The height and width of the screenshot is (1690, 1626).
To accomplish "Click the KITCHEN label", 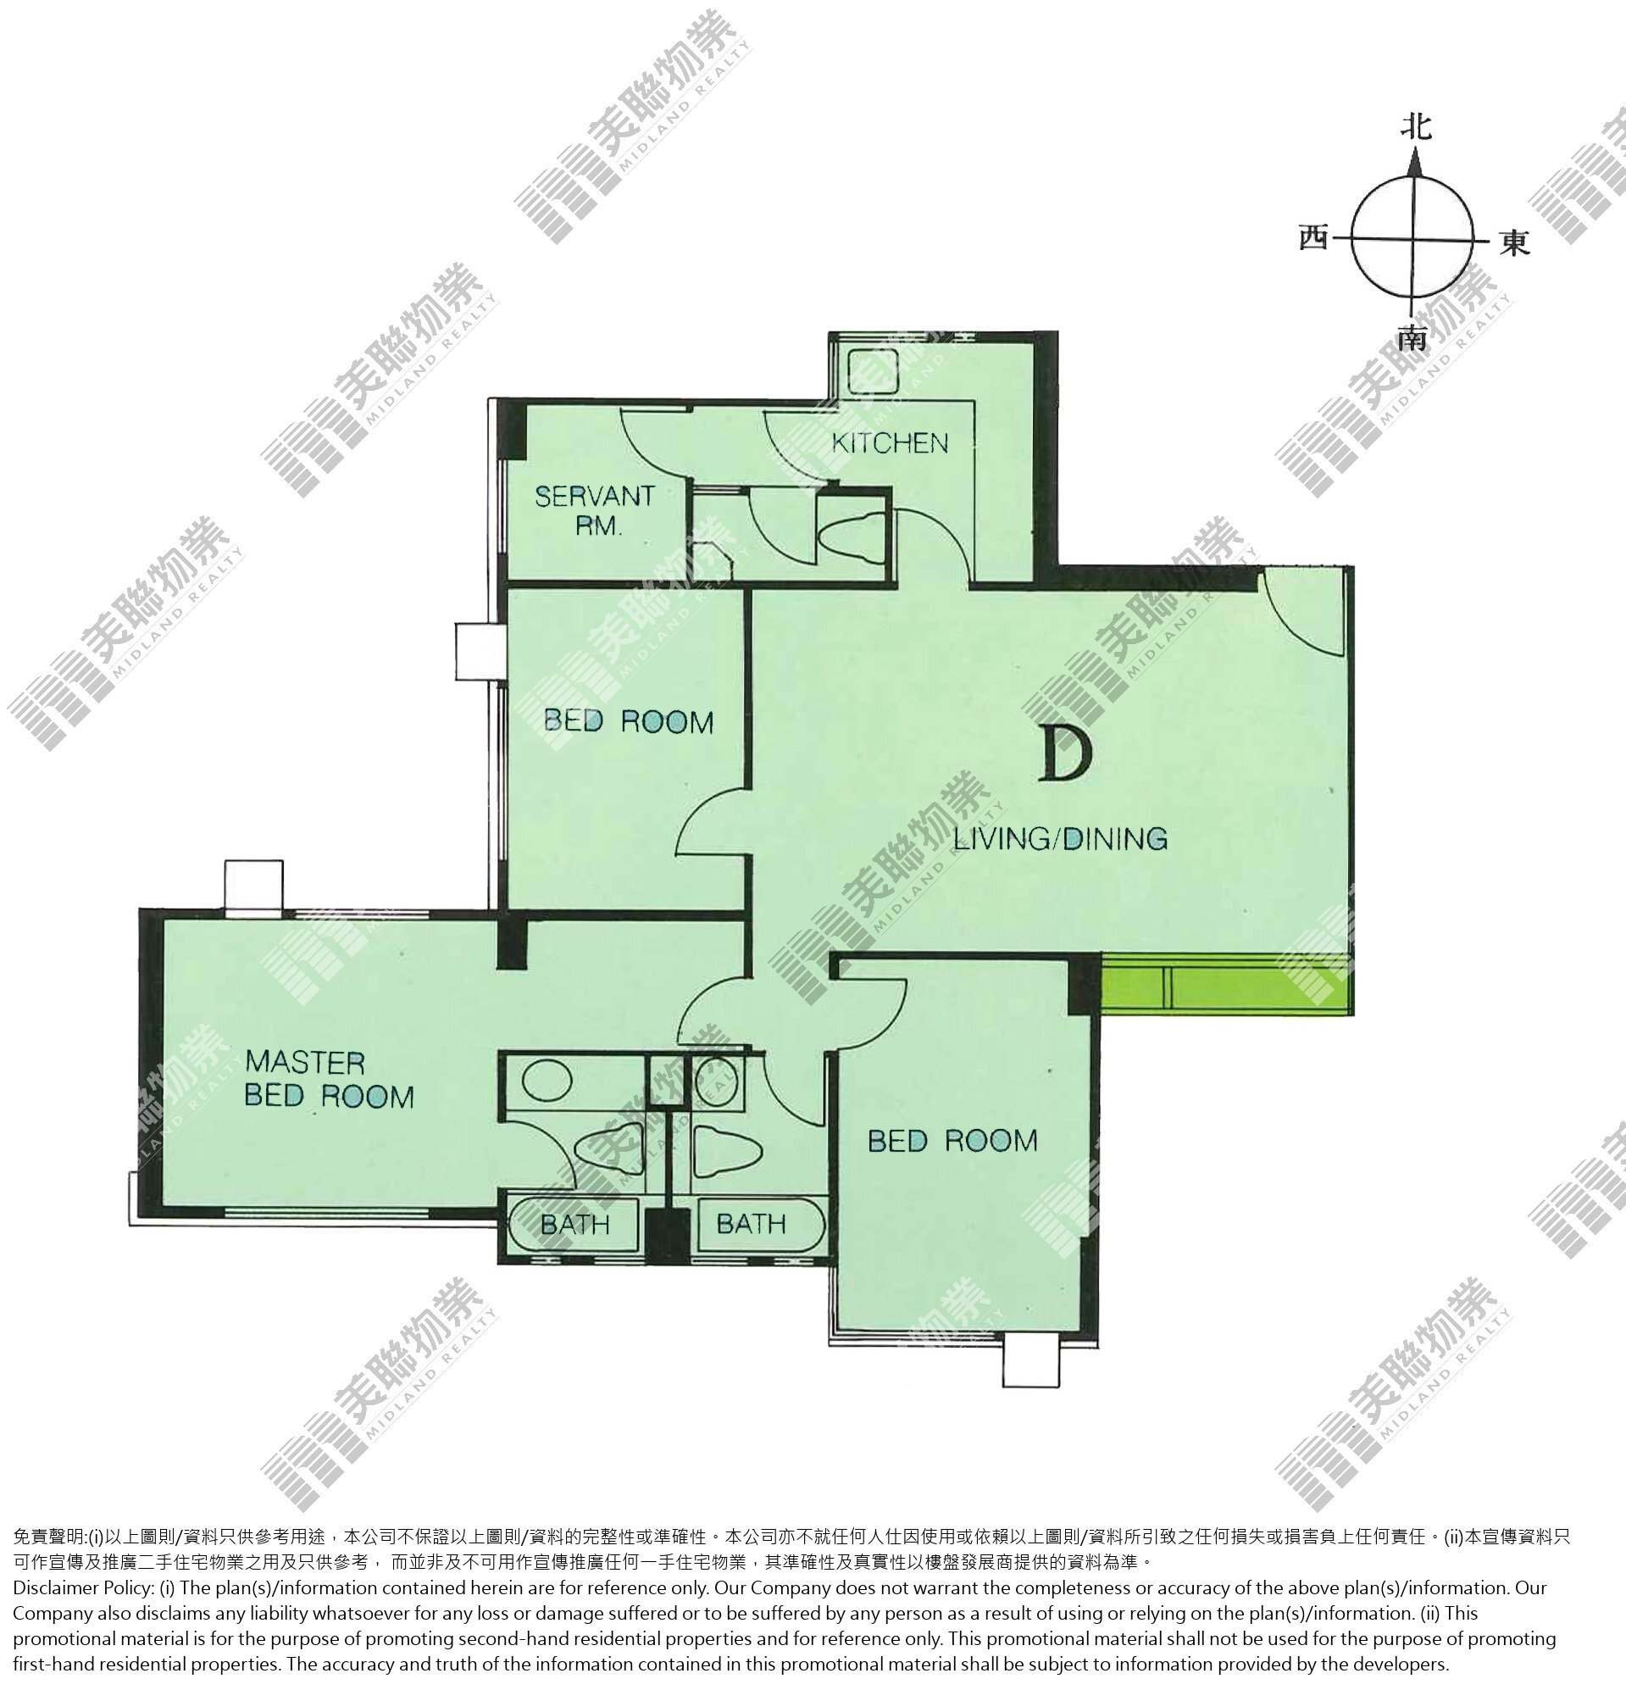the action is (x=890, y=443).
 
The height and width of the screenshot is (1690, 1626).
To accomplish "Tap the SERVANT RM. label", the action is (x=595, y=510).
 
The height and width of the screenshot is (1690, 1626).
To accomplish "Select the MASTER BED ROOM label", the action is (x=330, y=1079).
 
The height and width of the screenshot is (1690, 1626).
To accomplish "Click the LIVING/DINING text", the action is (x=1061, y=838).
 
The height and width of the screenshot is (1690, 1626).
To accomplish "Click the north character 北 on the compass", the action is (x=1416, y=127).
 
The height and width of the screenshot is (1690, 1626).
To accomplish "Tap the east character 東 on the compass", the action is (x=1515, y=243).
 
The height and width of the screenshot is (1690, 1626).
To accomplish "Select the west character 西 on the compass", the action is (x=1314, y=237).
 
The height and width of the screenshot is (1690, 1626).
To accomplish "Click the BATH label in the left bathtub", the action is (x=575, y=1225).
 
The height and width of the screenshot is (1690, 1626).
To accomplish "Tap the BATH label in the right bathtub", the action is (x=751, y=1224).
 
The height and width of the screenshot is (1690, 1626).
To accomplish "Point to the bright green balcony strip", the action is (x=1224, y=985).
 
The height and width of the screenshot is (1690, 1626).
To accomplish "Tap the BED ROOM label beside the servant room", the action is (x=629, y=721).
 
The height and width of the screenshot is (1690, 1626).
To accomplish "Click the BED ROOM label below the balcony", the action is (x=952, y=1141).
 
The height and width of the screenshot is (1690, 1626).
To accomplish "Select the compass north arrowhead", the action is (x=1414, y=163).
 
